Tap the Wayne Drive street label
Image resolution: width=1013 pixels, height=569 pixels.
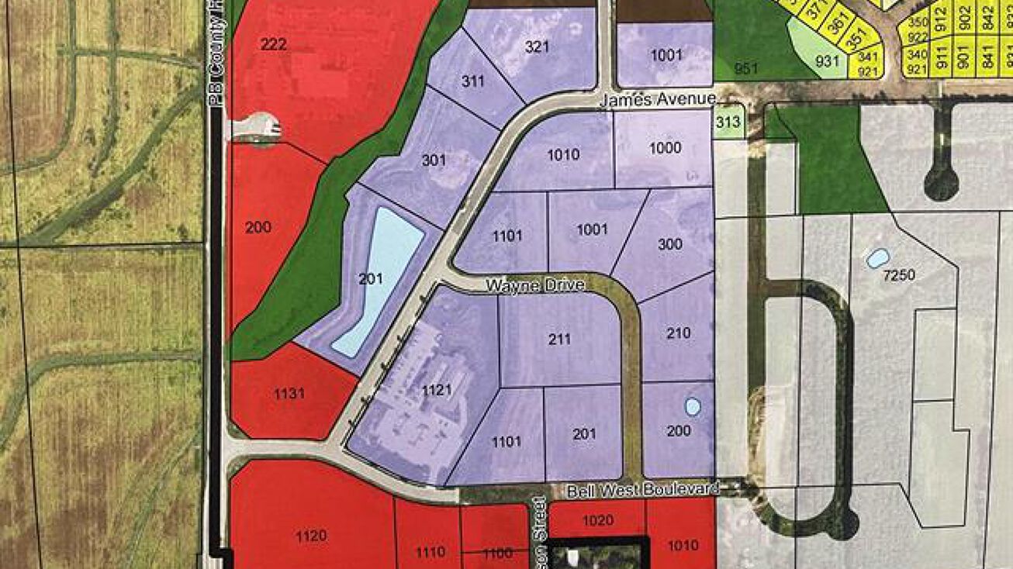tap(535, 286)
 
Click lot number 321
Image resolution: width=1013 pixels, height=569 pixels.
tap(537, 47)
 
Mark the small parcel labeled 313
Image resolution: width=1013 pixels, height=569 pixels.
tap(728, 122)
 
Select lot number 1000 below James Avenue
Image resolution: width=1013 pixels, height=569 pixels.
tap(666, 148)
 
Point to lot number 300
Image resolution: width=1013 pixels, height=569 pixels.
tap(669, 245)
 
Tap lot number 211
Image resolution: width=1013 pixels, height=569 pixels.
tap(559, 339)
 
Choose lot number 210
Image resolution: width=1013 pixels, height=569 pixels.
tap(678, 333)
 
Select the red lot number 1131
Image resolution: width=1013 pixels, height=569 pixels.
tap(289, 394)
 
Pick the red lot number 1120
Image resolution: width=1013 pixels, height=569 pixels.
tap(310, 535)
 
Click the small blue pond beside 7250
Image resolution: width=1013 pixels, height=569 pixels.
tap(877, 258)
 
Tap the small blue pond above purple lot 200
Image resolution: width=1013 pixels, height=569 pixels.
tap(693, 406)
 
